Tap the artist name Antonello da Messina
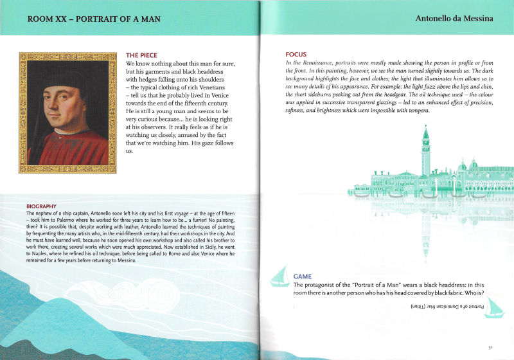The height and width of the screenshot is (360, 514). click(x=454, y=19)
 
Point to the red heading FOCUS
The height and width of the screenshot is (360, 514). click(x=296, y=54)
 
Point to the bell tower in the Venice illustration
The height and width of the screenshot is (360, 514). click(x=425, y=151)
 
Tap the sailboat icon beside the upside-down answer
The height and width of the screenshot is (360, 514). click(x=493, y=309)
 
